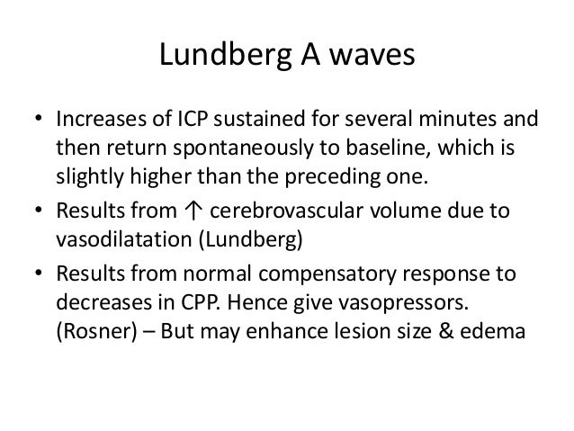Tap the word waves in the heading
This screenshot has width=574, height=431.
[372, 59]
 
